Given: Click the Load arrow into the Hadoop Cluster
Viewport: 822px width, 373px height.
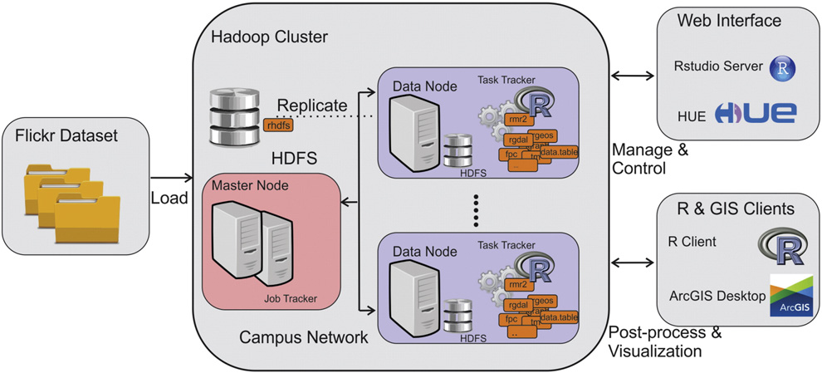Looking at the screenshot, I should [170, 176].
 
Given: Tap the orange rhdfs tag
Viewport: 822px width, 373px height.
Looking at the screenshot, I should [276, 125].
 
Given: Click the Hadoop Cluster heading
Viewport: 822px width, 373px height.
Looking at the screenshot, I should [269, 37].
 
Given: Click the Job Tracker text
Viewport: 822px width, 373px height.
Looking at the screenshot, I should [290, 298].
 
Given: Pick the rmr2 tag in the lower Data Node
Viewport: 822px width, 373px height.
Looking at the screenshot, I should [516, 285].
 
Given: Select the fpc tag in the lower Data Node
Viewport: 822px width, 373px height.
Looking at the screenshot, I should [511, 318].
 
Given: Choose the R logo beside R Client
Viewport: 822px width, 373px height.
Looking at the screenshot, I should [781, 242].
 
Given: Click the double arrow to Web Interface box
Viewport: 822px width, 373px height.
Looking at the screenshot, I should [631, 76].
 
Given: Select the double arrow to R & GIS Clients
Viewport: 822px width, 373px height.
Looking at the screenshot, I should [631, 263].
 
